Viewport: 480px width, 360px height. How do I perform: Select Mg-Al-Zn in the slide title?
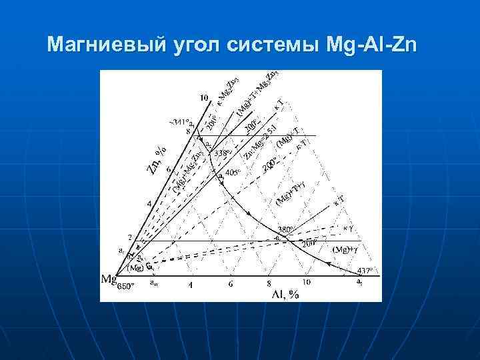click(371, 45)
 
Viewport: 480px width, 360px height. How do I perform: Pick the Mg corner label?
click(109, 279)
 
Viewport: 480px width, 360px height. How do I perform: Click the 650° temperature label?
click(126, 287)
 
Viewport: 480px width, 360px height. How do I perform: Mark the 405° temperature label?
click(233, 173)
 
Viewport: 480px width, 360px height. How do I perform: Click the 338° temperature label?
click(222, 152)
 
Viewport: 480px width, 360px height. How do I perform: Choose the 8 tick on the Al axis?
click(268, 285)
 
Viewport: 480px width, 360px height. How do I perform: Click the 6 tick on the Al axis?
click(230, 285)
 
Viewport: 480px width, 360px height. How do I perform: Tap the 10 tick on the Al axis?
click(307, 283)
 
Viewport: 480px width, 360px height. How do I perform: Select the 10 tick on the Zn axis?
click(204, 97)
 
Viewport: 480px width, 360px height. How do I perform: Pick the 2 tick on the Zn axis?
click(130, 237)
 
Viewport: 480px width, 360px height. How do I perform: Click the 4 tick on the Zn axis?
click(149, 203)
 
